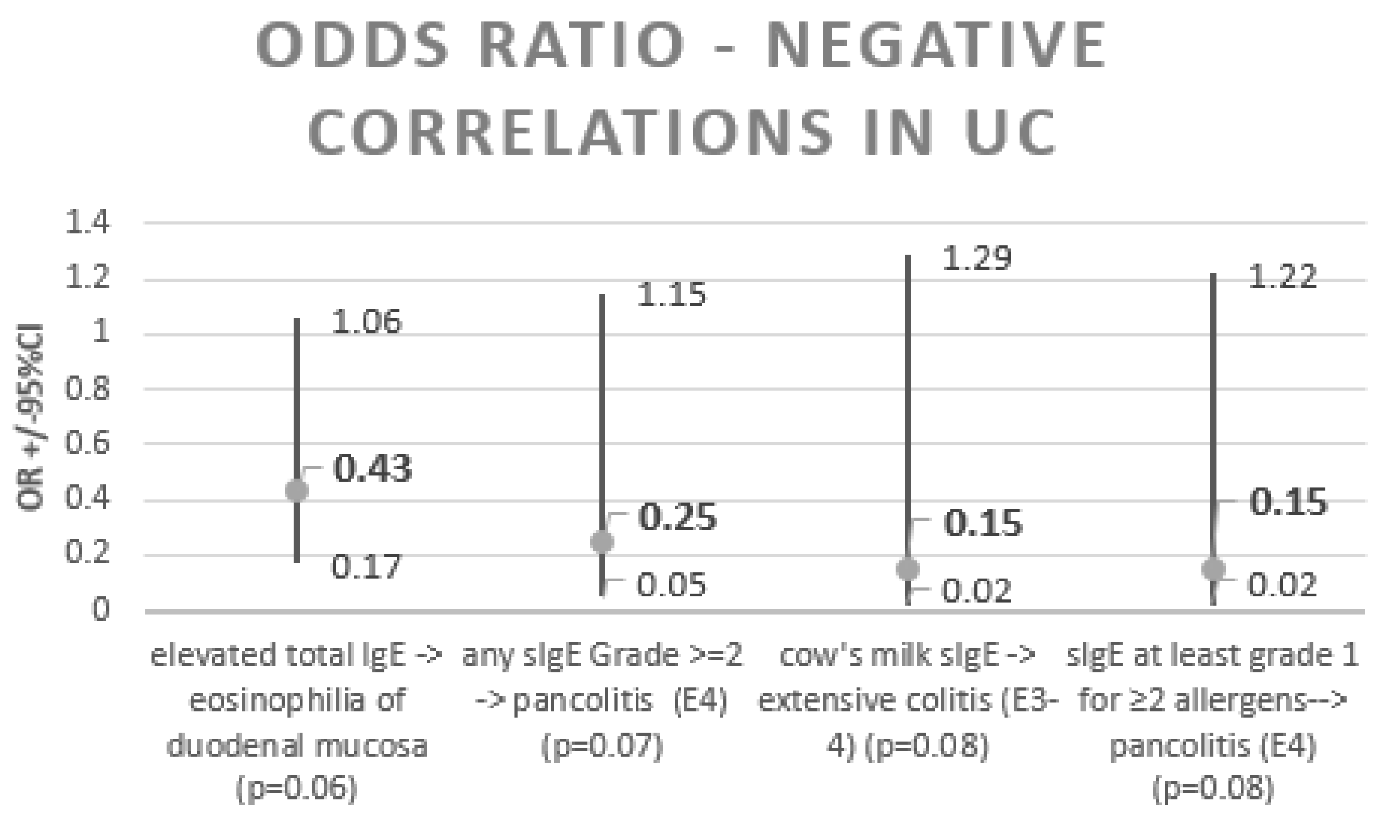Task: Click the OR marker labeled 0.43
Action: point(297,490)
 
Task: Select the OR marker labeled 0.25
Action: point(602,542)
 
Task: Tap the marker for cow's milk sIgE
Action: point(907,569)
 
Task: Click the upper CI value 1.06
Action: point(366,322)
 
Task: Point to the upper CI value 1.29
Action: point(976,258)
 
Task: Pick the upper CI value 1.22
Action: point(1282,276)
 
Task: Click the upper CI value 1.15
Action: point(671,294)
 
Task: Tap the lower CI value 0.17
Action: point(366,567)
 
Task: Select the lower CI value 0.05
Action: point(671,585)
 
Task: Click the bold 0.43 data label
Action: point(373,468)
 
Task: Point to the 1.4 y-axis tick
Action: point(87,223)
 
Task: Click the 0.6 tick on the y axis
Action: point(87,444)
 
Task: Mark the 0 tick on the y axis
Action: point(100,610)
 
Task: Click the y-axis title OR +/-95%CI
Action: point(31,417)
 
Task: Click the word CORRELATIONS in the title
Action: point(569,132)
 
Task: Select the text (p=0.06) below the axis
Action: point(297,788)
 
